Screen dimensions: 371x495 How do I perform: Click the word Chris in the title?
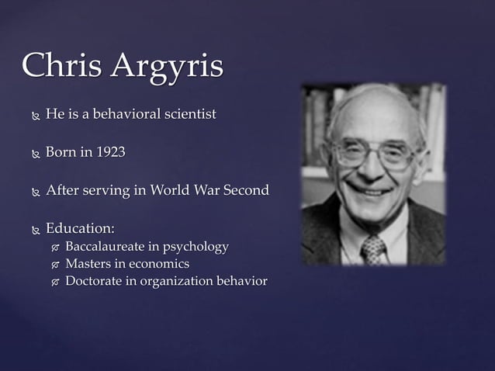pos(61,66)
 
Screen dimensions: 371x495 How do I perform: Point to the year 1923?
pos(109,152)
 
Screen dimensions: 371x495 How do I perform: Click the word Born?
pos(61,152)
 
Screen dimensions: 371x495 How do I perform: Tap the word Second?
pos(246,190)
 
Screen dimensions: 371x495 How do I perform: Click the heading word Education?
pos(80,229)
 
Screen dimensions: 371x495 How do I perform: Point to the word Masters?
pos(89,264)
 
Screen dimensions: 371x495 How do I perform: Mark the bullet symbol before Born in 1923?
pos(33,154)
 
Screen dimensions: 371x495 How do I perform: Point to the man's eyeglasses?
pos(374,152)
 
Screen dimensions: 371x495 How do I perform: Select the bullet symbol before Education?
pos(33,231)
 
